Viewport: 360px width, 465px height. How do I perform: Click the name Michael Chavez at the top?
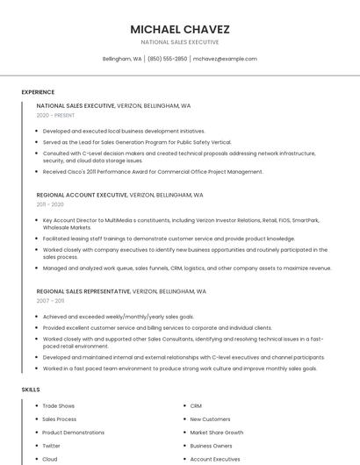[x=180, y=28]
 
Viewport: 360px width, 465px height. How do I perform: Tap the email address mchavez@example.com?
[x=225, y=59]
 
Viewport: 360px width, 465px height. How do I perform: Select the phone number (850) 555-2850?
[x=167, y=59]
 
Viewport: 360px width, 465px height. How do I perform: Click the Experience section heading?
[x=38, y=92]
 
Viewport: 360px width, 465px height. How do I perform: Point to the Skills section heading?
[x=31, y=389]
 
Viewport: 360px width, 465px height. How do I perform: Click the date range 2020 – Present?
[x=55, y=115]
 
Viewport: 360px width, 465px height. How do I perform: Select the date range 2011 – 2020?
[x=50, y=204]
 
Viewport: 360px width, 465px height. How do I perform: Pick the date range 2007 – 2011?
[x=50, y=300]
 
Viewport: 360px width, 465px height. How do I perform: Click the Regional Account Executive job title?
[x=82, y=195]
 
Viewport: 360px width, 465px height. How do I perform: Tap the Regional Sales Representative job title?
[x=83, y=290]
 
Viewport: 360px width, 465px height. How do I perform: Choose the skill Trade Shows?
[x=59, y=406]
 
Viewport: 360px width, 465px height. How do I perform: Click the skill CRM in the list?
[x=196, y=406]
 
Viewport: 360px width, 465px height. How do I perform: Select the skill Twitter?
[x=51, y=446]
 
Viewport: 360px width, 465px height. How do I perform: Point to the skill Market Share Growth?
[x=217, y=433]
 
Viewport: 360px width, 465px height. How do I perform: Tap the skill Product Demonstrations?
[x=73, y=433]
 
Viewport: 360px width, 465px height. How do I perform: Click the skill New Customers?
[x=210, y=419]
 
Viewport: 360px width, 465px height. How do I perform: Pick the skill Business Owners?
[x=211, y=446]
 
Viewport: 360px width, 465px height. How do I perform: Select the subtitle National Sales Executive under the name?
[x=180, y=42]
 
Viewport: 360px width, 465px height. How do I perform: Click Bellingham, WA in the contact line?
[x=122, y=59]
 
